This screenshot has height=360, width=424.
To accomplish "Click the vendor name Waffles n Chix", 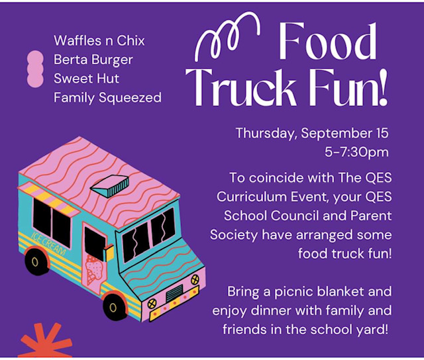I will tap(99, 40).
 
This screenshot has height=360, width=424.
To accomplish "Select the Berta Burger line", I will tap(93, 60).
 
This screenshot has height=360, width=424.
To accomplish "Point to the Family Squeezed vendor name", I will tap(107, 98).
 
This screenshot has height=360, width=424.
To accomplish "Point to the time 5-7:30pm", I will tap(356, 152).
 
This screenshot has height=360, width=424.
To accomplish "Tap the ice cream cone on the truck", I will tap(95, 269).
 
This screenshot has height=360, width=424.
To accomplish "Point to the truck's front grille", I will tap(174, 292).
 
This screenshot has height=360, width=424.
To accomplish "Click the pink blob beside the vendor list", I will tap(35, 69).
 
